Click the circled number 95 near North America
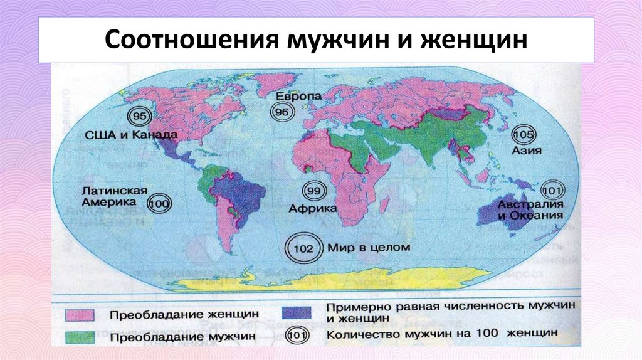pyautogui.click(x=140, y=117)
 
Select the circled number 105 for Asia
pyautogui.click(x=523, y=135)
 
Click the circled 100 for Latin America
pyautogui.click(x=161, y=204)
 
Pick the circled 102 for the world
pyautogui.click(x=303, y=248)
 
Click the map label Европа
pyautogui.click(x=298, y=97)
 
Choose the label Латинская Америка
pyautogui.click(x=113, y=196)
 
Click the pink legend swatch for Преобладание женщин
pyautogui.click(x=80, y=314)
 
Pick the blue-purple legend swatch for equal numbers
pyautogui.click(x=299, y=311)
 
